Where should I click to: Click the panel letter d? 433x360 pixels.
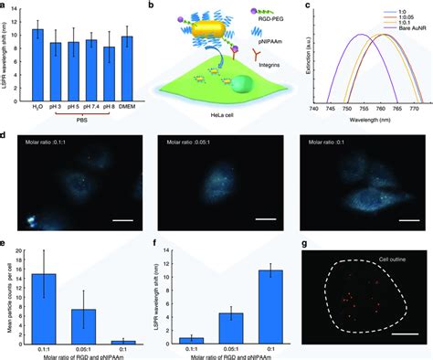click(x=7, y=134)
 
